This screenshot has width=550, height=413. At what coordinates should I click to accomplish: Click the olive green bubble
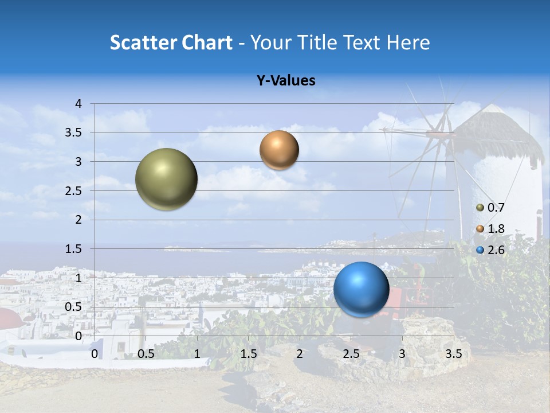coord(167,179)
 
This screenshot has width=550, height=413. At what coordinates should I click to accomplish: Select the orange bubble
coord(279,150)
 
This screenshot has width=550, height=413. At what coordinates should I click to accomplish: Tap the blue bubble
coord(361,289)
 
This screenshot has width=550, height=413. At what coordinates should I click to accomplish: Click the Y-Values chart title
coord(285,81)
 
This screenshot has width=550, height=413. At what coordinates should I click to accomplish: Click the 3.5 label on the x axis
coord(453,354)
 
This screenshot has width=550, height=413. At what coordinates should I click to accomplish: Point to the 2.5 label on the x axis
coord(351,354)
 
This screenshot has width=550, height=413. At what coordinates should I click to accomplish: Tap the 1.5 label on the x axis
coord(249,354)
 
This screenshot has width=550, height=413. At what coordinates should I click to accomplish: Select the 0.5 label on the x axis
coord(146,354)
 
